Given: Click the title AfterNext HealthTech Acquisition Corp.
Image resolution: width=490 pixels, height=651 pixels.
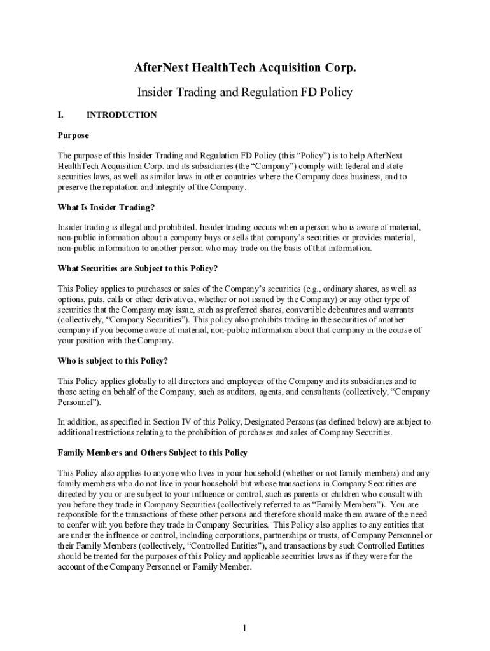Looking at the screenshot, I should [x=244, y=68].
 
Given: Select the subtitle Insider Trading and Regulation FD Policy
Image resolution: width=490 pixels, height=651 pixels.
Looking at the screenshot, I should [x=244, y=92].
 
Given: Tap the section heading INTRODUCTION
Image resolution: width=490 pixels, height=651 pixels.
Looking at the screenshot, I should [x=122, y=115].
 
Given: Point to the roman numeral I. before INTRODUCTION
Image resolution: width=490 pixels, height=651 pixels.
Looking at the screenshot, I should [x=61, y=115].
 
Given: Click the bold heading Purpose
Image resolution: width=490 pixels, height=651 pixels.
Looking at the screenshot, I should [x=73, y=135].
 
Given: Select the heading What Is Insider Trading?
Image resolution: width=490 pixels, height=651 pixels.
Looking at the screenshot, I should [x=106, y=207].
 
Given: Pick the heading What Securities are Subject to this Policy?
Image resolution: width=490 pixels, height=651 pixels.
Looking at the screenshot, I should [x=138, y=268].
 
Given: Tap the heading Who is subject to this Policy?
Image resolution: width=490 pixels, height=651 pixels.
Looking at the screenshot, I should [x=113, y=360].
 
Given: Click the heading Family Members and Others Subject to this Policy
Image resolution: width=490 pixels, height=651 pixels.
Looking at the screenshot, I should [x=153, y=453].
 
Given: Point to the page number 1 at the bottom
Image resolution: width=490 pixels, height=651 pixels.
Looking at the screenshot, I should [x=244, y=629].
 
